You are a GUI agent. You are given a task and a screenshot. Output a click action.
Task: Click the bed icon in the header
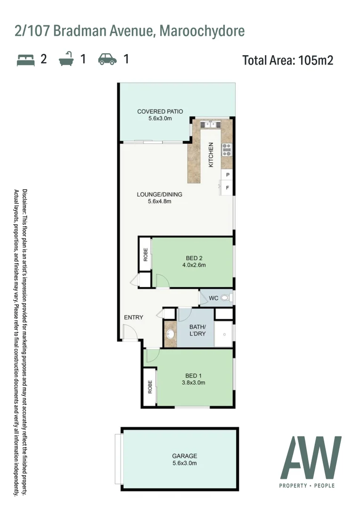[26, 59]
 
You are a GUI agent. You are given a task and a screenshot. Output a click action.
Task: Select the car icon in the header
[107, 59]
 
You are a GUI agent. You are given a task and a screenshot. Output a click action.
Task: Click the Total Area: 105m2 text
[287, 60]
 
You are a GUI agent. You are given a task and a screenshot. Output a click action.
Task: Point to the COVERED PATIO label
[160, 112]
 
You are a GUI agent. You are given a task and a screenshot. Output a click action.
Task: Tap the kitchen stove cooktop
[227, 149]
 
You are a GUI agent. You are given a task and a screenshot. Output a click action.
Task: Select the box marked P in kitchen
[228, 175]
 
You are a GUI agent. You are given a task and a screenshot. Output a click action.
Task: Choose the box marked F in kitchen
[228, 188]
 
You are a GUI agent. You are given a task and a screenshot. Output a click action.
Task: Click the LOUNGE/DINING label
[159, 194]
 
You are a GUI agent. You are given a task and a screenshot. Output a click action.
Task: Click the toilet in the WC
[226, 298]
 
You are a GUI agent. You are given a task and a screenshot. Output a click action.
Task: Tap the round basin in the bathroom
[170, 335]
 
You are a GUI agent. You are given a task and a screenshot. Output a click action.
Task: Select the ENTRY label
[133, 317]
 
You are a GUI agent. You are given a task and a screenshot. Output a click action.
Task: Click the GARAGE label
[184, 456]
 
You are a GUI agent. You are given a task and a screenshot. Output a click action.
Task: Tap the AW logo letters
[311, 458]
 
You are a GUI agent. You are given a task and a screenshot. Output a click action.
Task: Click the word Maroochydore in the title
[202, 31]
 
